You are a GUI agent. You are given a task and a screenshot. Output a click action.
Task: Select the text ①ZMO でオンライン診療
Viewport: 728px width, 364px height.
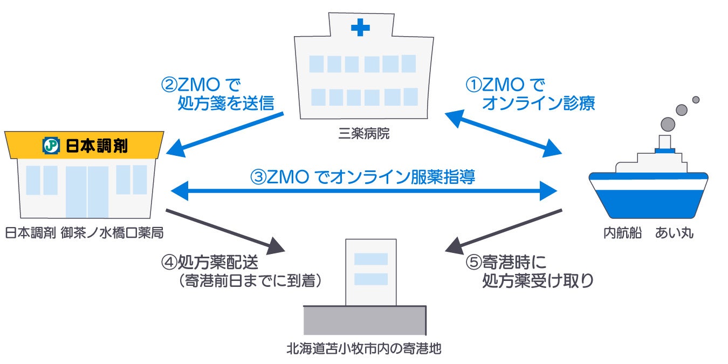(530, 94)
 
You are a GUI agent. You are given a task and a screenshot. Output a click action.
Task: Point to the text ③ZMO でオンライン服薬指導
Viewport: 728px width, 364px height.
(362, 177)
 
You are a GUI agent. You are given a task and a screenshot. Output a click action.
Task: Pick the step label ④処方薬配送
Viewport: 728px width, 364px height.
(210, 263)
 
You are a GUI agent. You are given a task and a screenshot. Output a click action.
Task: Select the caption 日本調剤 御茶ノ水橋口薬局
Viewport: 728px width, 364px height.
(84, 233)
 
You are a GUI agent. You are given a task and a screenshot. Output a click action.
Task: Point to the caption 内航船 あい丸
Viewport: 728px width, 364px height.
(648, 233)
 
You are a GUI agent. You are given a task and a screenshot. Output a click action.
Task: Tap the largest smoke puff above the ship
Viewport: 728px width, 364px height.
(667, 123)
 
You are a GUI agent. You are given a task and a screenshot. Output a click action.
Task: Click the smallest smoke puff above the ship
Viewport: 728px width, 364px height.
(696, 100)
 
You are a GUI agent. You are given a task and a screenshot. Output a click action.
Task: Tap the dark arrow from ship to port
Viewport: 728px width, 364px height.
(504, 231)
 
